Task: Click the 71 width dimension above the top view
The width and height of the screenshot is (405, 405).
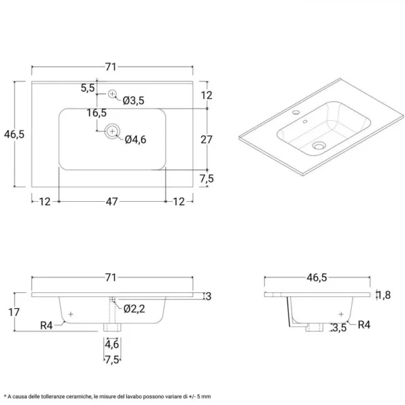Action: (x=110, y=66)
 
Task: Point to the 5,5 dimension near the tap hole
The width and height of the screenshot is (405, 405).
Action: (x=88, y=88)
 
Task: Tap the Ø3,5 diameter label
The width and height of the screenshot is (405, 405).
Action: (x=134, y=101)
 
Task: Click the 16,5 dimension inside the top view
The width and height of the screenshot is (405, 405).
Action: (x=97, y=113)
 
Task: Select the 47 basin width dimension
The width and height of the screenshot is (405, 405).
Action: (x=112, y=201)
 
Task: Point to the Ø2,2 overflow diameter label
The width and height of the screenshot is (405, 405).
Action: (x=134, y=309)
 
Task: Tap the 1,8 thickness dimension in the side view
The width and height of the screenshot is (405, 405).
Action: (x=383, y=294)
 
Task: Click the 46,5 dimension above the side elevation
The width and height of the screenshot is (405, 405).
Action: (x=318, y=277)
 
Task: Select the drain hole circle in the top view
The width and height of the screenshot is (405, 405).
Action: (x=113, y=131)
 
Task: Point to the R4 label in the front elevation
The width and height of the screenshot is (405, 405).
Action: (x=46, y=325)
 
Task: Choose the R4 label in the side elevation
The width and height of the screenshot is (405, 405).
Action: (x=364, y=325)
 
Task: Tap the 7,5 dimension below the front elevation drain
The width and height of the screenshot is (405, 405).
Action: (x=112, y=358)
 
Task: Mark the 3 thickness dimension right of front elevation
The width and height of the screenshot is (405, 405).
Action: (x=209, y=296)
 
